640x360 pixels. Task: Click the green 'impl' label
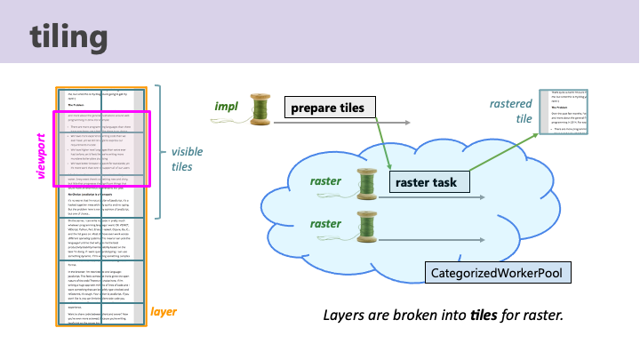click(227, 107)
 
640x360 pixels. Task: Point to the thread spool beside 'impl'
click(260, 108)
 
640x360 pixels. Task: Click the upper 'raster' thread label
click(327, 181)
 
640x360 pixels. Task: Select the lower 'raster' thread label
click(327, 223)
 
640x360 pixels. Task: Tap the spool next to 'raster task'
click(367, 183)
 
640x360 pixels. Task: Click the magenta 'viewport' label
click(40, 156)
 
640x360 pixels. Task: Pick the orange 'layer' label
click(164, 312)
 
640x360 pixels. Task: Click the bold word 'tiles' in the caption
click(486, 316)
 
